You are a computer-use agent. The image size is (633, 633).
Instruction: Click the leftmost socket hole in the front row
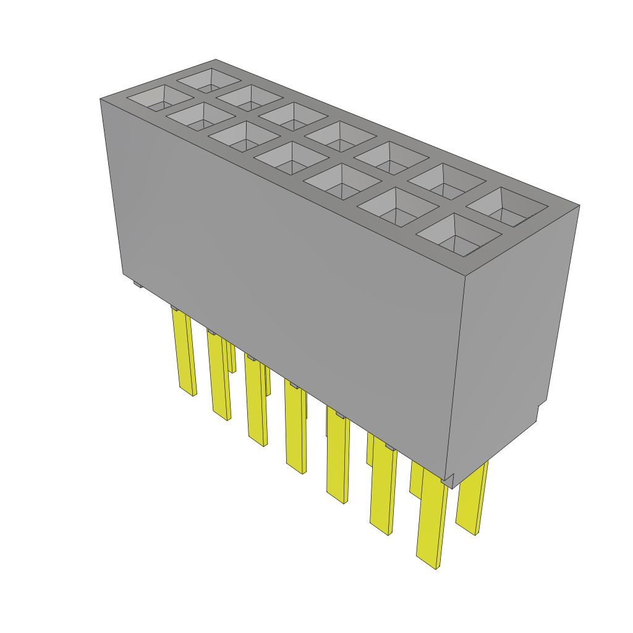(160, 99)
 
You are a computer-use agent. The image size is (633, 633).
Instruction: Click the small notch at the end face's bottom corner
(541, 411)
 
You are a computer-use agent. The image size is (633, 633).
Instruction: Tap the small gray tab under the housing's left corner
(137, 284)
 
